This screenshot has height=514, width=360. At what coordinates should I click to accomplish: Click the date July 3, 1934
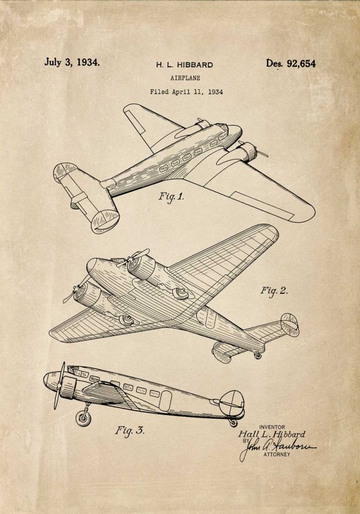(72, 62)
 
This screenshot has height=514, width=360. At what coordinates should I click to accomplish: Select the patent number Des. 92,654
(291, 63)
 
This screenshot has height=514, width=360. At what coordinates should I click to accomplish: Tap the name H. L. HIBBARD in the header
(184, 65)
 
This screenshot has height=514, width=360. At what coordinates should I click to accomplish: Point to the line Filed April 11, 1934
(187, 92)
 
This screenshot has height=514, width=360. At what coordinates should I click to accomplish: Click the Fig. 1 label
(171, 197)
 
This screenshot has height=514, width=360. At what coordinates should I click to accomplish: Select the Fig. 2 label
(274, 290)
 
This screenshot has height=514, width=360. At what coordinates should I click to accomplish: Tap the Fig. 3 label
(130, 431)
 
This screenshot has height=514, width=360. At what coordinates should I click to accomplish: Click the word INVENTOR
(272, 427)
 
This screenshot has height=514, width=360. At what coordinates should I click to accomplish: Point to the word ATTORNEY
(277, 455)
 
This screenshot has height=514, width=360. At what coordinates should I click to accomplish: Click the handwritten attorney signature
(278, 448)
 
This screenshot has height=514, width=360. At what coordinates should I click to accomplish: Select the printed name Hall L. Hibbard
(271, 434)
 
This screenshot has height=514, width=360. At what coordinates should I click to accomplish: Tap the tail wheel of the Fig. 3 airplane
(233, 423)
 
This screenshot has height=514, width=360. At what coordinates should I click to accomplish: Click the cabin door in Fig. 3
(166, 401)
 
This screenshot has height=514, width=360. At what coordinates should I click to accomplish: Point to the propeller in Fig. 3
(59, 386)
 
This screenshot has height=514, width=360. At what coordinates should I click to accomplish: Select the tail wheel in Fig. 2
(258, 355)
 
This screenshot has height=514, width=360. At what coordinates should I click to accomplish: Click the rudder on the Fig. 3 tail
(232, 402)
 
